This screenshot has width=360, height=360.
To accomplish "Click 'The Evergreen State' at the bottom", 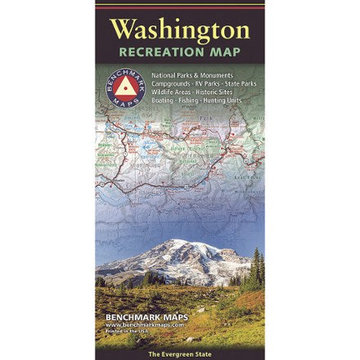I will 179,353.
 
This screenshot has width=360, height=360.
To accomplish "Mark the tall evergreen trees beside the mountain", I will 257,266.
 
